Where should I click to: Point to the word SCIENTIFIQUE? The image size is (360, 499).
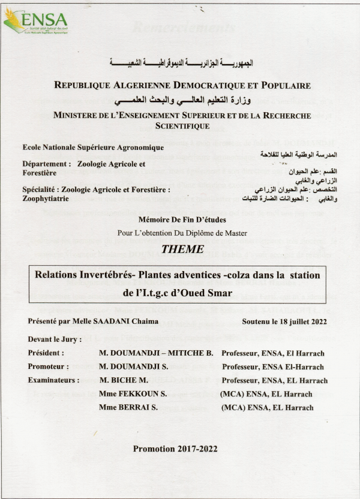click(x=182, y=126)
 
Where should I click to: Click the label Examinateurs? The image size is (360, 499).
click(x=53, y=380)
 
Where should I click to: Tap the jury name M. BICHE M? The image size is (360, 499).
click(x=123, y=380)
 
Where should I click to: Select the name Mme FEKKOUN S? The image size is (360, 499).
click(x=131, y=394)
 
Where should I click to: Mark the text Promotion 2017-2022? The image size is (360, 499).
click(x=175, y=448)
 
